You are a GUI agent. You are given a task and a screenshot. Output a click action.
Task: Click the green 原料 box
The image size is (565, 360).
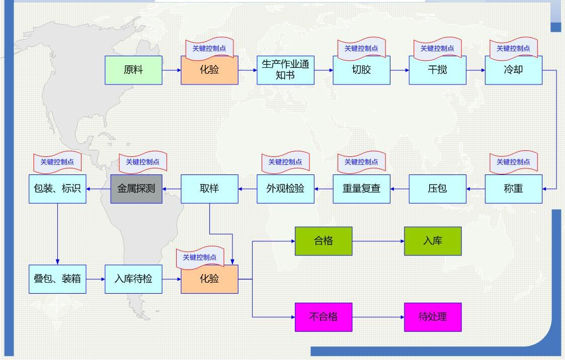(x=133, y=70)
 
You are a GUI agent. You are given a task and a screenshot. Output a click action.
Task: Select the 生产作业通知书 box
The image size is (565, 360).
(x=285, y=70)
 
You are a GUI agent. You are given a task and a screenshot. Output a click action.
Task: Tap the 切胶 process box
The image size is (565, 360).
(x=361, y=70)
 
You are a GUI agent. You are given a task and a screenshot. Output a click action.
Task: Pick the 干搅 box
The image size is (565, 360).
(x=437, y=70)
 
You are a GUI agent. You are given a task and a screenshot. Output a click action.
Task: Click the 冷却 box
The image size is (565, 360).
(x=514, y=70)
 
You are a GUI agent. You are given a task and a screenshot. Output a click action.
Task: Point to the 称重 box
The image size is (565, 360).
(x=514, y=189)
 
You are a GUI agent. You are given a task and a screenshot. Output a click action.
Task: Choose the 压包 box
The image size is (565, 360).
(x=437, y=189)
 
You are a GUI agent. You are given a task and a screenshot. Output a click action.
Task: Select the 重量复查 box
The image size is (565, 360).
(x=361, y=189)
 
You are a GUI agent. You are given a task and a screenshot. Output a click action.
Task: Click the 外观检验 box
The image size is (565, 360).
(x=285, y=189)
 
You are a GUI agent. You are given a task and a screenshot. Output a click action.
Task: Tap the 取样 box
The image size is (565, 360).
(x=209, y=189)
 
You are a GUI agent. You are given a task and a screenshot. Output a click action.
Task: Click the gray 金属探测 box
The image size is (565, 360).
(x=136, y=189)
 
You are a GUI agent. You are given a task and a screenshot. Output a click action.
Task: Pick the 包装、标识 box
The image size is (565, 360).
(x=57, y=189)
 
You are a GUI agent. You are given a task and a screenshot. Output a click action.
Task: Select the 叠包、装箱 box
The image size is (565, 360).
(x=57, y=279)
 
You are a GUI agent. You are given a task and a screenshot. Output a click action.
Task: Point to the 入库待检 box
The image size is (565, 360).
(x=133, y=279)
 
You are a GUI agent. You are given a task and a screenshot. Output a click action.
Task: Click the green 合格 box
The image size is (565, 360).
(x=324, y=241)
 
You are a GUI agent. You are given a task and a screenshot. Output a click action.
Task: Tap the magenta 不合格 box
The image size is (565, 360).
(x=324, y=317)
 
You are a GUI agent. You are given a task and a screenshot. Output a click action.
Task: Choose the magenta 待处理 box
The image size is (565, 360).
(x=433, y=317)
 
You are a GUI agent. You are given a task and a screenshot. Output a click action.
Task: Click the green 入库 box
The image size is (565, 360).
(x=433, y=241)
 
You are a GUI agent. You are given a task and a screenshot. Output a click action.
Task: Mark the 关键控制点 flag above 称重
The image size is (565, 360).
(x=514, y=161)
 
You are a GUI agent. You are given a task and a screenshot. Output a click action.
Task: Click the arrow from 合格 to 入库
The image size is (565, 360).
(x=378, y=241)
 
